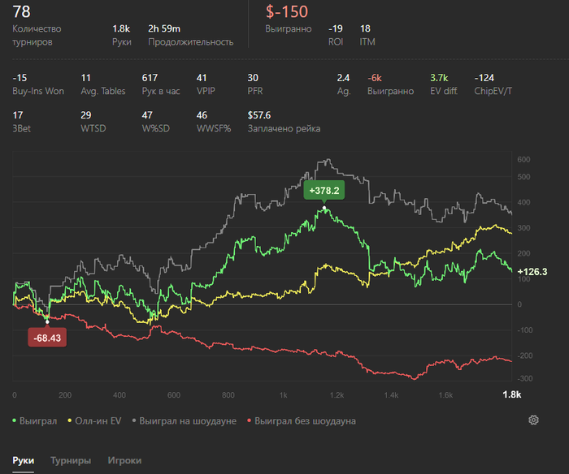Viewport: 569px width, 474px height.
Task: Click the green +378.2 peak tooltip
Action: pyautogui.click(x=324, y=190)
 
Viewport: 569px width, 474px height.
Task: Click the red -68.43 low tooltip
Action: pyautogui.click(x=46, y=337)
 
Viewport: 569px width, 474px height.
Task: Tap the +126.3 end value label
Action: pyautogui.click(x=532, y=272)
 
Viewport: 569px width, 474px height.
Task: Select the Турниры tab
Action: pyautogui.click(x=71, y=460)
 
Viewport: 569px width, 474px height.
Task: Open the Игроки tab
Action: pyautogui.click(x=124, y=460)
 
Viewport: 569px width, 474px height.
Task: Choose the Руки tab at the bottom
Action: pyautogui.click(x=24, y=460)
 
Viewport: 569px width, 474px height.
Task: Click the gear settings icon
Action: pyautogui.click(x=533, y=420)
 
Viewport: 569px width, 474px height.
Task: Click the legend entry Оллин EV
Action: pyautogui.click(x=98, y=421)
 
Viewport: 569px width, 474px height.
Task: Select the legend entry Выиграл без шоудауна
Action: pyautogui.click(x=299, y=421)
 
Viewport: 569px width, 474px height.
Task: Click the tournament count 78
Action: pyautogui.click(x=22, y=11)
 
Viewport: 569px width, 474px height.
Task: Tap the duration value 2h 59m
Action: pyautogui.click(x=164, y=28)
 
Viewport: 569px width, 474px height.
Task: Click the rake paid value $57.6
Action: pyautogui.click(x=259, y=115)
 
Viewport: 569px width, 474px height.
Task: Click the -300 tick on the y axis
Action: pyautogui.click(x=524, y=379)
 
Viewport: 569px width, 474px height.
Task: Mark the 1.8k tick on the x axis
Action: pyautogui.click(x=511, y=394)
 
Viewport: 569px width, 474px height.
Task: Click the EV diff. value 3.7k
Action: pyautogui.click(x=439, y=78)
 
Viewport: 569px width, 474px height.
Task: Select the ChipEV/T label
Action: pyautogui.click(x=493, y=91)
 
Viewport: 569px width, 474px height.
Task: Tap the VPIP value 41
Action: pyautogui.click(x=202, y=78)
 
